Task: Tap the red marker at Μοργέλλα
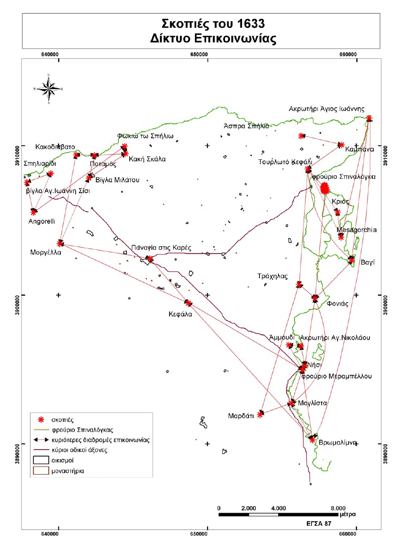point(61,243)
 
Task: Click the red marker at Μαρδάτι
point(260,414)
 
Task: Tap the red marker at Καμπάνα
point(340,145)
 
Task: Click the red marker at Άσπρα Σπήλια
point(301,136)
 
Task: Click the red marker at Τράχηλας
point(299,284)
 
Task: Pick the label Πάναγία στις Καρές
point(161,248)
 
